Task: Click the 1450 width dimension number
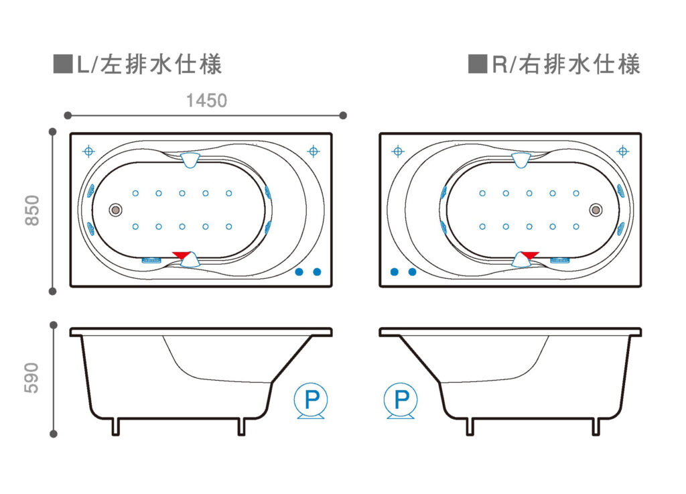(x=206, y=101)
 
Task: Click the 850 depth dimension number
(x=33, y=210)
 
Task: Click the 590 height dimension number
(x=31, y=377)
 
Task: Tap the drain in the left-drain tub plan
(x=115, y=210)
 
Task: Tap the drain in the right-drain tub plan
(x=596, y=210)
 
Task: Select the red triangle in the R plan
(x=529, y=255)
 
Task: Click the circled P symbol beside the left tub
(x=311, y=400)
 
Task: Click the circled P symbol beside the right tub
(x=401, y=400)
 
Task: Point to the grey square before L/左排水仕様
(x=62, y=64)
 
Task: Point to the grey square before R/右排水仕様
(x=477, y=64)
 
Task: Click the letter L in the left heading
(x=82, y=65)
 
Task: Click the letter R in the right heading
(x=500, y=65)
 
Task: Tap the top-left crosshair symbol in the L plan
(x=88, y=151)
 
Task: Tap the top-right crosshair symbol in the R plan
(x=622, y=151)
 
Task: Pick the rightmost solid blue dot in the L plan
(x=317, y=271)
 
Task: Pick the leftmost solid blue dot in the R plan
(x=394, y=271)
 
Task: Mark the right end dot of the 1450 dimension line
(x=343, y=115)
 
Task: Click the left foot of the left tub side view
(x=115, y=426)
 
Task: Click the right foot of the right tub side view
(x=596, y=426)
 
